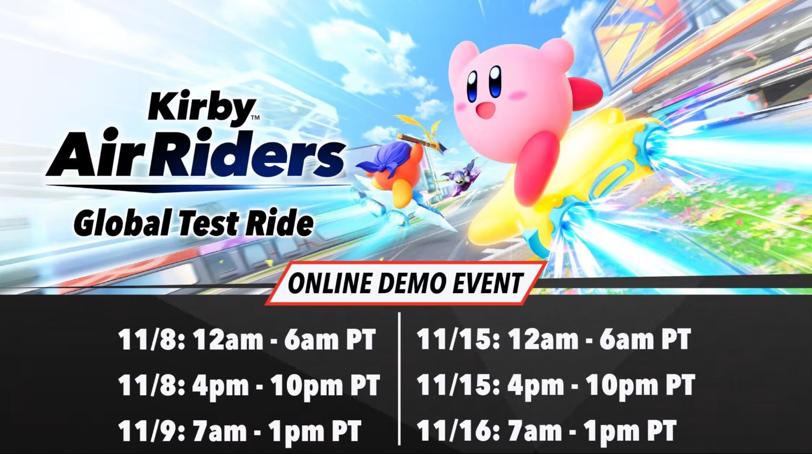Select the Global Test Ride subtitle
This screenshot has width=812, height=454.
(x=193, y=223)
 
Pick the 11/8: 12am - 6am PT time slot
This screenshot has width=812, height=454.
(x=247, y=340)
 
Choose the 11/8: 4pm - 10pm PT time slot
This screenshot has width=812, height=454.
(x=249, y=385)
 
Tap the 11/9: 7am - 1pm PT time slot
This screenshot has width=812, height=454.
(x=239, y=430)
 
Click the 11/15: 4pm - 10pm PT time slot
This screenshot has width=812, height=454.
(x=555, y=385)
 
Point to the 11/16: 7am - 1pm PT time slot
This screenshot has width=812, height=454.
(x=546, y=430)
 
